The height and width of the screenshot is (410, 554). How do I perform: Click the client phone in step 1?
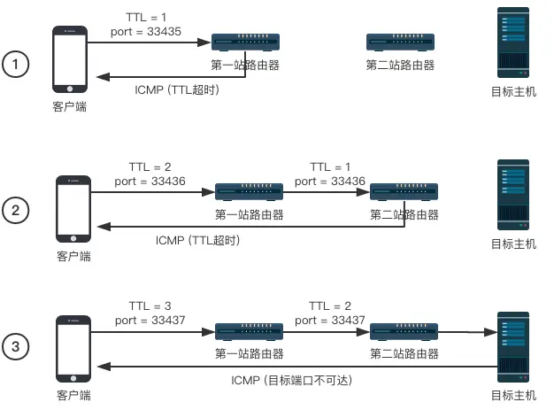[x=71, y=59]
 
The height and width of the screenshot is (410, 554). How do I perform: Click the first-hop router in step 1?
[x=245, y=42]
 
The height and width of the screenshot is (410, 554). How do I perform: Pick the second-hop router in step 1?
[x=400, y=42]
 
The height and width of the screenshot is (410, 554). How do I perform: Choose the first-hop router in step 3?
[x=250, y=331]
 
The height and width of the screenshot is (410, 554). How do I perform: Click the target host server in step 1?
[x=512, y=42]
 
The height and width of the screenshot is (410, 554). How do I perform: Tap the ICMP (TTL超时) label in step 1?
[x=176, y=89]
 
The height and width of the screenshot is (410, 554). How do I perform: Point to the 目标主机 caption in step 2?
[x=514, y=244]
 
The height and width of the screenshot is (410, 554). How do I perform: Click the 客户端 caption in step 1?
[x=71, y=107]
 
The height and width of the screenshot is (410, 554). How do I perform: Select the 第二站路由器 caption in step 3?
[x=404, y=353]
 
